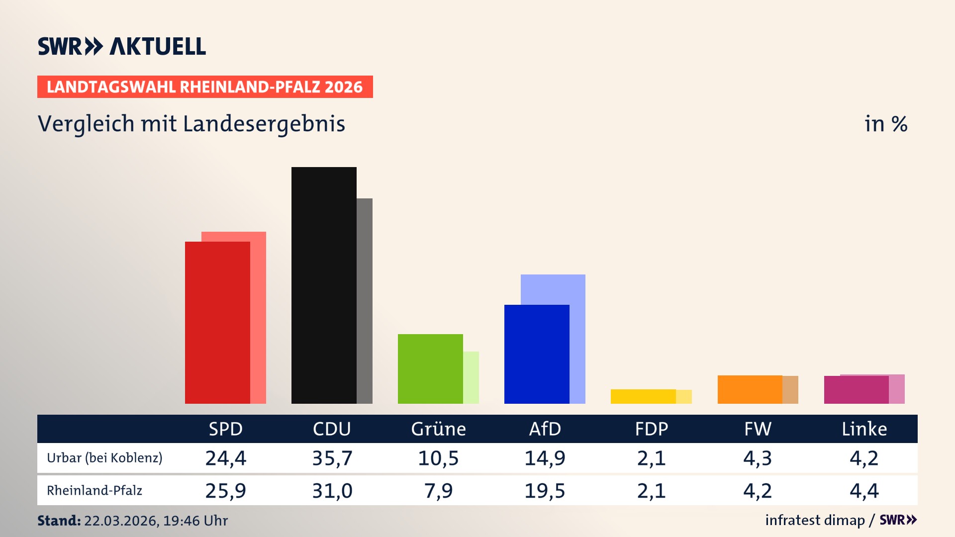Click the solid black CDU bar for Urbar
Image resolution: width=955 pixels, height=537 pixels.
pyautogui.click(x=324, y=285)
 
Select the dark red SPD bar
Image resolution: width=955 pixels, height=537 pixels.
pyautogui.click(x=217, y=322)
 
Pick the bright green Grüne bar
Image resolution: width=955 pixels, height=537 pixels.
pyautogui.click(x=430, y=368)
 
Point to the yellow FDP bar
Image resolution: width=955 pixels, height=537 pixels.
pyautogui.click(x=643, y=396)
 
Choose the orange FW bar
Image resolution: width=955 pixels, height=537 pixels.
pyautogui.click(x=750, y=389)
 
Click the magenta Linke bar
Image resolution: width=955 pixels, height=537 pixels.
pyautogui.click(x=856, y=390)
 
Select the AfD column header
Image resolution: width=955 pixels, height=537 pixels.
pyautogui.click(x=545, y=429)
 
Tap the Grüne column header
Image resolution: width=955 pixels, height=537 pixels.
pyautogui.click(x=438, y=429)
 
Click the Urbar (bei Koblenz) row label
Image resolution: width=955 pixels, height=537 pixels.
pyautogui.click(x=104, y=458)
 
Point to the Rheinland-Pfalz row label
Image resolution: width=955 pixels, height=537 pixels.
pyautogui.click(x=95, y=491)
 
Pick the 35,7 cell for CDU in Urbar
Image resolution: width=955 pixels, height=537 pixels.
pyautogui.click(x=332, y=458)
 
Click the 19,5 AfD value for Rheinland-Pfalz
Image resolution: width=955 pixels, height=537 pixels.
pyautogui.click(x=545, y=491)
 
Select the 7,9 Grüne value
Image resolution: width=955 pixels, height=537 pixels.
pyautogui.click(x=438, y=491)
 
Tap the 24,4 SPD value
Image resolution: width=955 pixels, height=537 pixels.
pyautogui.click(x=225, y=458)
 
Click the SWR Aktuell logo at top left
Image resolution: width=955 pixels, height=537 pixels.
pyautogui.click(x=121, y=46)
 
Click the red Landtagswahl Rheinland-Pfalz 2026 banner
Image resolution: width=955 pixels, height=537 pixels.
pyautogui.click(x=204, y=87)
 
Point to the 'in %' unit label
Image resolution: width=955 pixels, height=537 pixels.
pyautogui.click(x=885, y=124)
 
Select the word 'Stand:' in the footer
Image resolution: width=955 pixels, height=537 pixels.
pyautogui.click(x=59, y=521)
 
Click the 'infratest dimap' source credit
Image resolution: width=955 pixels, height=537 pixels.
pyautogui.click(x=815, y=520)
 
